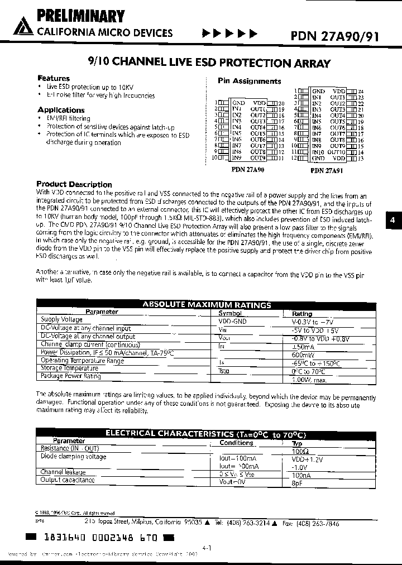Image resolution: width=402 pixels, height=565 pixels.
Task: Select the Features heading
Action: point(54,78)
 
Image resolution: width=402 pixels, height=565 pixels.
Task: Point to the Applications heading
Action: point(61,110)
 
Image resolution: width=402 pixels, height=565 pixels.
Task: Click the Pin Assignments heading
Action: point(249,81)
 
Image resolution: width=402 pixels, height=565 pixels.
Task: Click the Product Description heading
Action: point(74,184)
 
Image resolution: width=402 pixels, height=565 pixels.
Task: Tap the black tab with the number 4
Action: point(393,221)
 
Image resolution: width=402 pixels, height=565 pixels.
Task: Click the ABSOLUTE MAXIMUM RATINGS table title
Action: point(207,305)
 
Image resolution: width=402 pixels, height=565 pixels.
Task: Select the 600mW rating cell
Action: point(302,354)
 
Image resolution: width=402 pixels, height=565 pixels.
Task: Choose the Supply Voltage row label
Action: point(62,319)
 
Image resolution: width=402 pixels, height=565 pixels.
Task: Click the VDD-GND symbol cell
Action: point(233,322)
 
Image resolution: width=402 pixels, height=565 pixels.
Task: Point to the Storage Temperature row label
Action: point(70,368)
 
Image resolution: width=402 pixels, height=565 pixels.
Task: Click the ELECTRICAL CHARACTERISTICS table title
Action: point(206,434)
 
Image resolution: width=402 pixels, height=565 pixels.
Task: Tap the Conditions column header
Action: point(236,443)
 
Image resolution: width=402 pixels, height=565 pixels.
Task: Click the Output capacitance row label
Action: point(68,480)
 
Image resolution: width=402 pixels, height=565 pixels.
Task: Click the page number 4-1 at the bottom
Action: point(207,548)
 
